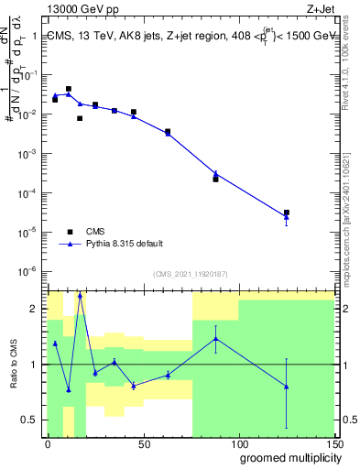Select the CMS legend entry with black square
pos(97,231)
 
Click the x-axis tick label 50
pos(143,443)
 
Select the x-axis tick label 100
pos(239,443)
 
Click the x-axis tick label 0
pos(48,443)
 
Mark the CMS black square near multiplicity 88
pos(215,179)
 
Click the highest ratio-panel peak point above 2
pos(80,295)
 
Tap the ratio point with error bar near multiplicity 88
pos(215,338)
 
